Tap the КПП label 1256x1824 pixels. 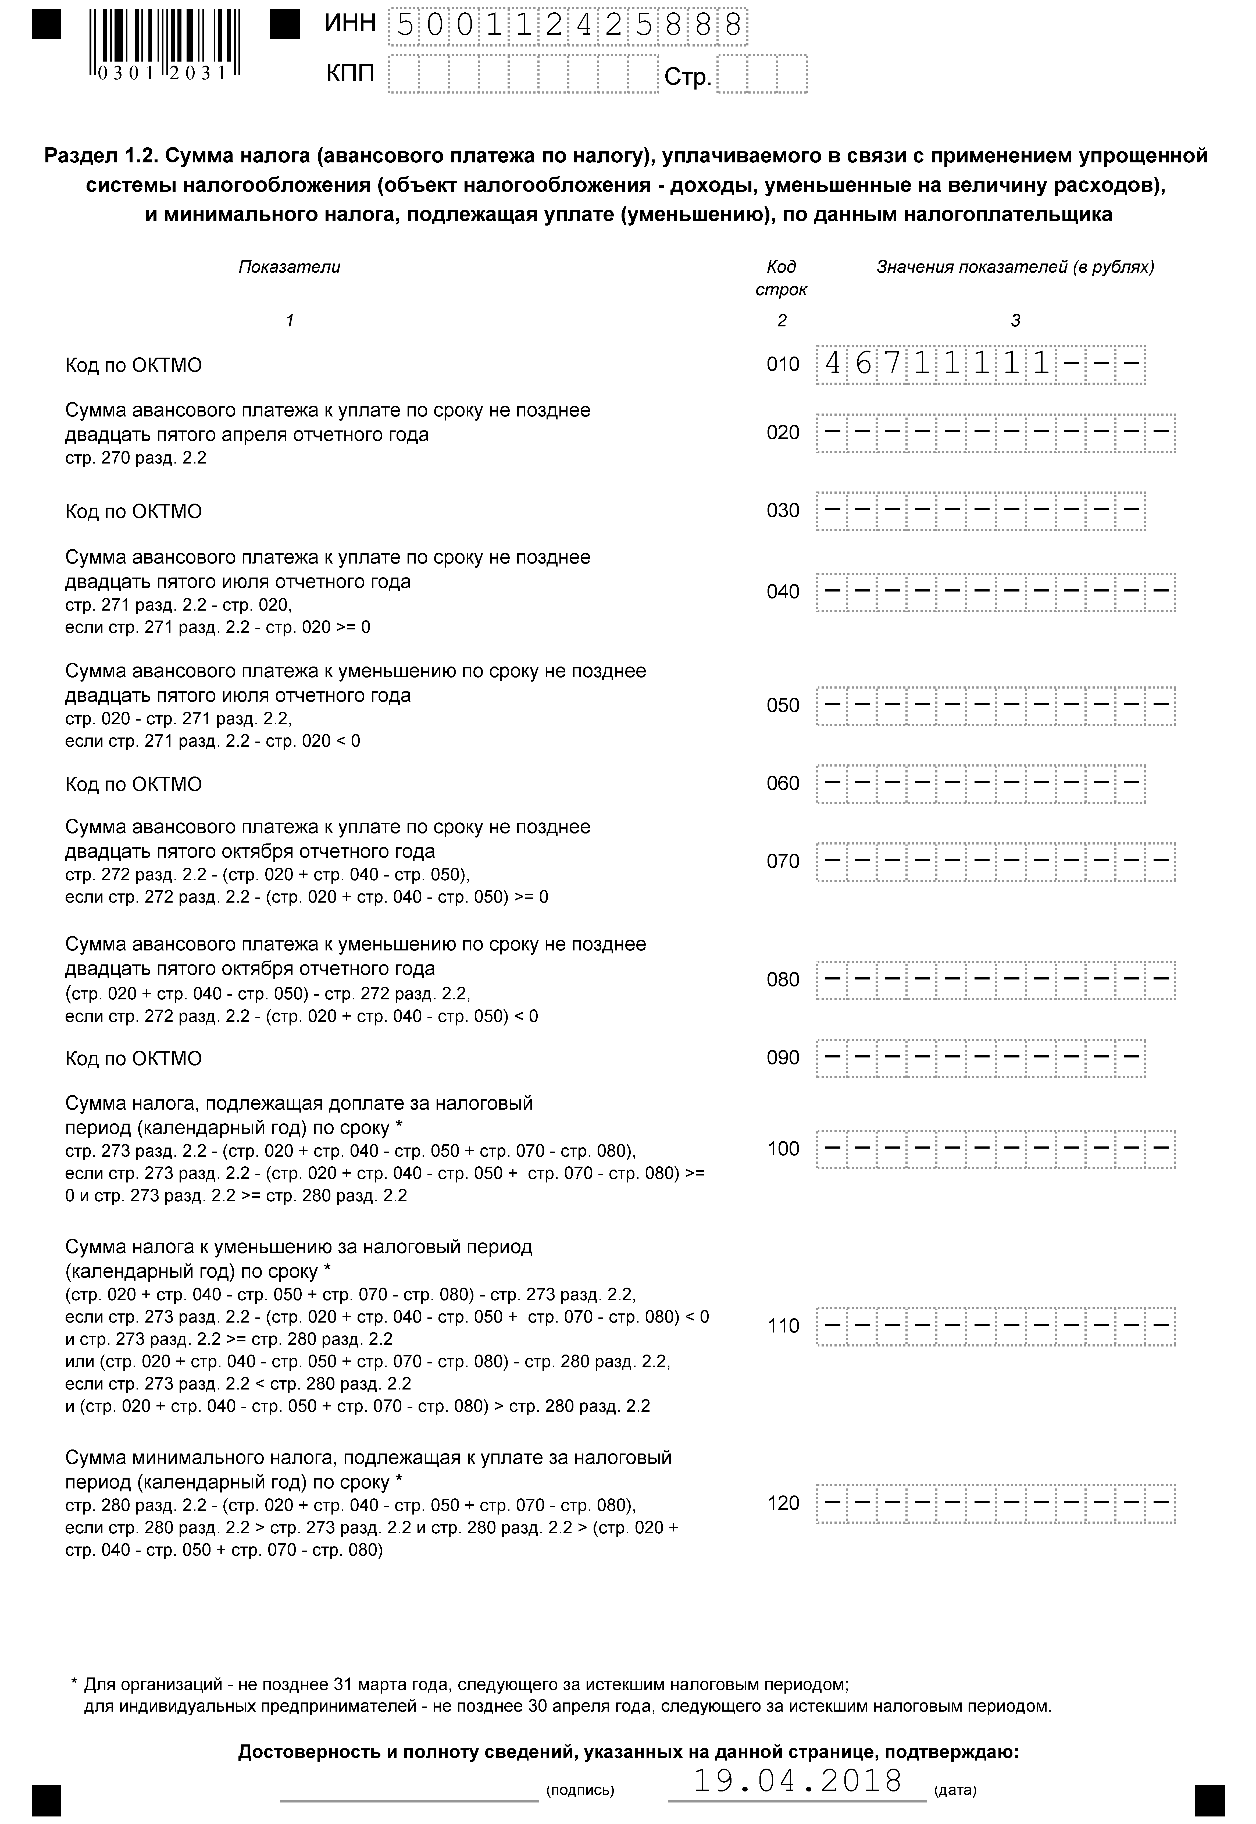point(350,75)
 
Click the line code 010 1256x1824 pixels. point(782,364)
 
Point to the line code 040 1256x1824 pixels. point(782,592)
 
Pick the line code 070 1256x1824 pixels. point(782,862)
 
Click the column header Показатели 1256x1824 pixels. point(290,267)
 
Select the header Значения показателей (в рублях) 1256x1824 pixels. point(1015,267)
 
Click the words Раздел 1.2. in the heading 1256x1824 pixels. point(98,156)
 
